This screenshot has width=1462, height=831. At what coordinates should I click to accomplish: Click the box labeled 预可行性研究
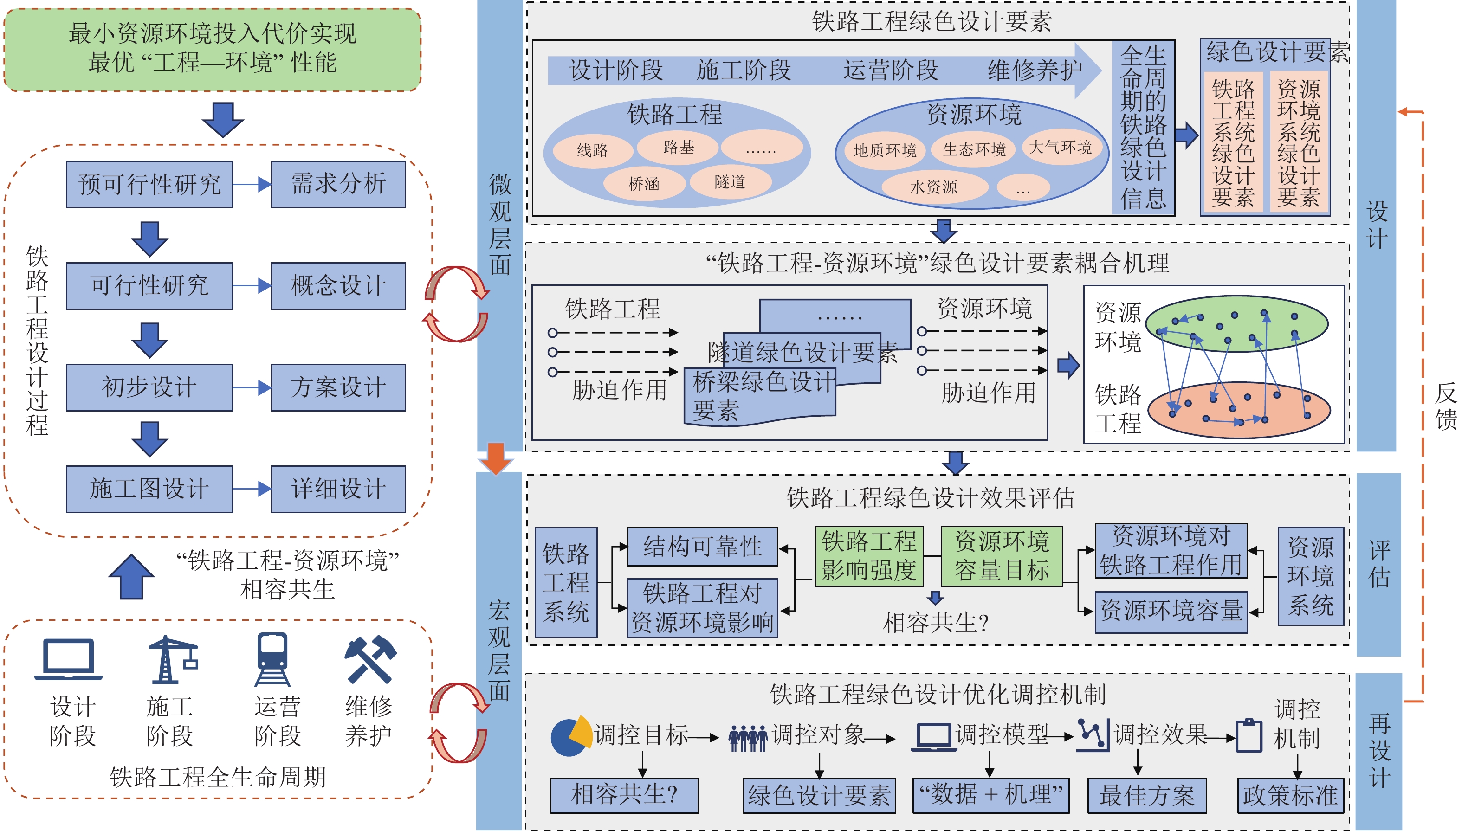pyautogui.click(x=149, y=184)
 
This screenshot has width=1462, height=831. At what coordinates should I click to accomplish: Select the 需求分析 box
pyautogui.click(x=338, y=184)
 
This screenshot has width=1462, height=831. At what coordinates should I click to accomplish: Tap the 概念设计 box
pyautogui.click(x=338, y=285)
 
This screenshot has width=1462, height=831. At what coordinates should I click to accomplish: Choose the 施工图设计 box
pyautogui.click(x=149, y=489)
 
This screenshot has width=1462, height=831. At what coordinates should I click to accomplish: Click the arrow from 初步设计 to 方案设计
pyautogui.click(x=252, y=388)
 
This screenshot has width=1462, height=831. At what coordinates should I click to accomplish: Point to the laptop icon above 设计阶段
pyautogui.click(x=69, y=659)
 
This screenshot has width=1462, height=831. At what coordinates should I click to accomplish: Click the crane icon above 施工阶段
pyautogui.click(x=172, y=659)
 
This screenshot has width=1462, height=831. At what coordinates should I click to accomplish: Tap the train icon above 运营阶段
pyautogui.click(x=272, y=659)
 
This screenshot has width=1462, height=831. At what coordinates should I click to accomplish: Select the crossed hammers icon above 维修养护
pyautogui.click(x=370, y=659)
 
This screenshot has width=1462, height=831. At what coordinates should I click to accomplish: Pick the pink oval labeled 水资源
pyautogui.click(x=934, y=187)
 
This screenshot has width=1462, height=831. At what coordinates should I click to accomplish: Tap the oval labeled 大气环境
pyautogui.click(x=1060, y=147)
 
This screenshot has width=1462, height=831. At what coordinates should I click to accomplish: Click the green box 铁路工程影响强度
pyautogui.click(x=869, y=556)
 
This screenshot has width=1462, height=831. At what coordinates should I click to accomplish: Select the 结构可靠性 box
pyautogui.click(x=702, y=546)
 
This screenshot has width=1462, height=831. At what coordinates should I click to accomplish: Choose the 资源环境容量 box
pyautogui.click(x=1171, y=611)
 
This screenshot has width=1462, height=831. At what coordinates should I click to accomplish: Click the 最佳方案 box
pyautogui.click(x=1147, y=795)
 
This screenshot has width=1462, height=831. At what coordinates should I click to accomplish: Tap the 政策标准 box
pyautogui.click(x=1290, y=795)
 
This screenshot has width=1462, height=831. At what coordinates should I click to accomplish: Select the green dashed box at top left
pyautogui.click(x=213, y=50)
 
